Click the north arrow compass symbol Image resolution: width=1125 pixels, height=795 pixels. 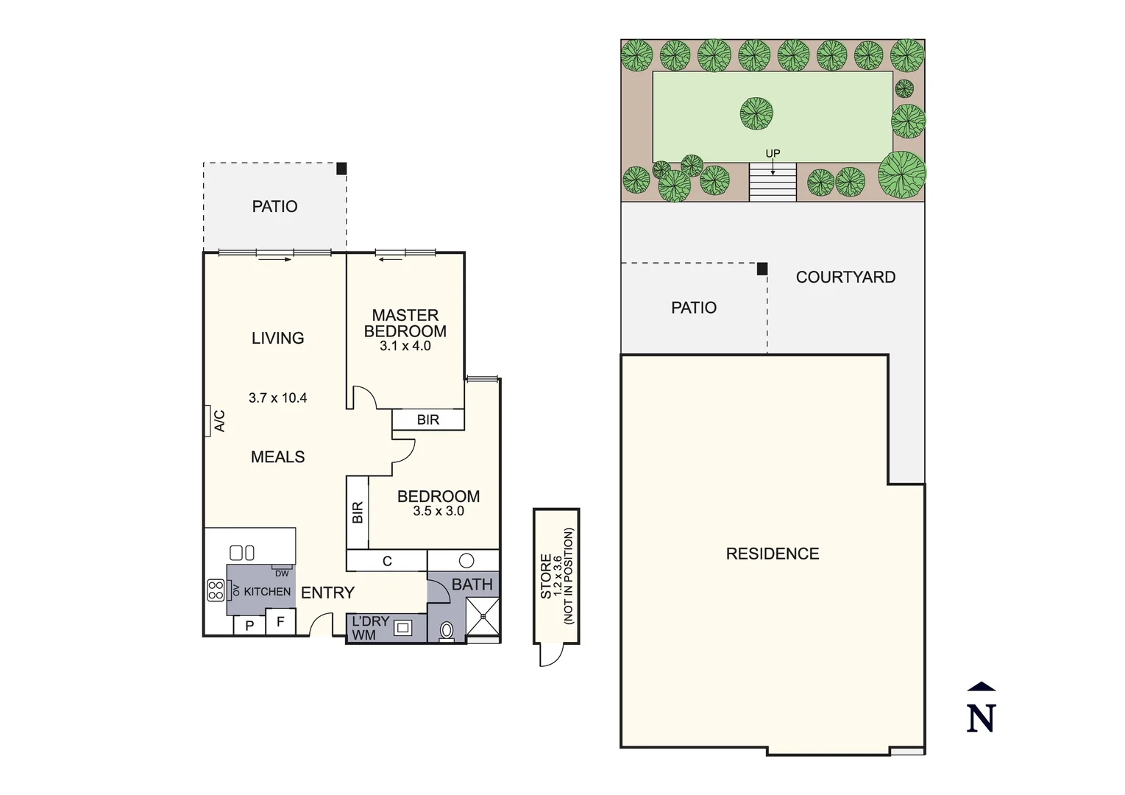981,710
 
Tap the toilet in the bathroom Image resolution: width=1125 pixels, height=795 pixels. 447,631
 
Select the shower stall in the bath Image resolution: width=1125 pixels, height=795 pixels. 483,616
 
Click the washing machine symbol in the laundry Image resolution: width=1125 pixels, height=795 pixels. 402,628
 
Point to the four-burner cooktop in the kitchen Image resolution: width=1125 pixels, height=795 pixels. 216,590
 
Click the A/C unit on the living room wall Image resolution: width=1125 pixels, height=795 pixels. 208,421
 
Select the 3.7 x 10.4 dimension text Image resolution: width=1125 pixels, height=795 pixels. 277,398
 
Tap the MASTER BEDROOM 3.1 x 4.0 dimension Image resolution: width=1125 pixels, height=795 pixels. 405,346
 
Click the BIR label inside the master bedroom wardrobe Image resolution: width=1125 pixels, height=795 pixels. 427,420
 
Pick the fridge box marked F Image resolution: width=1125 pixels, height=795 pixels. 280,622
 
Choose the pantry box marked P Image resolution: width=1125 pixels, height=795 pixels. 249,626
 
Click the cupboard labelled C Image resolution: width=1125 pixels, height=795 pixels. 387,561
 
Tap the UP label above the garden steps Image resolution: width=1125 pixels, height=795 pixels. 773,153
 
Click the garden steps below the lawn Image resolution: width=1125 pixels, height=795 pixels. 773,183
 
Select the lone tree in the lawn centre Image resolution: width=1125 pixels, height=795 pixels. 756,113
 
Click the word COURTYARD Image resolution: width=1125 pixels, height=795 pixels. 845,278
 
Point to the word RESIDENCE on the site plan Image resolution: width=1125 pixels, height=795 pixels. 772,554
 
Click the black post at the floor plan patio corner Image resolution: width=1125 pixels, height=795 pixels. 341,169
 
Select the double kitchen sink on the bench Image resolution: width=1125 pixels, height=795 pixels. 242,552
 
